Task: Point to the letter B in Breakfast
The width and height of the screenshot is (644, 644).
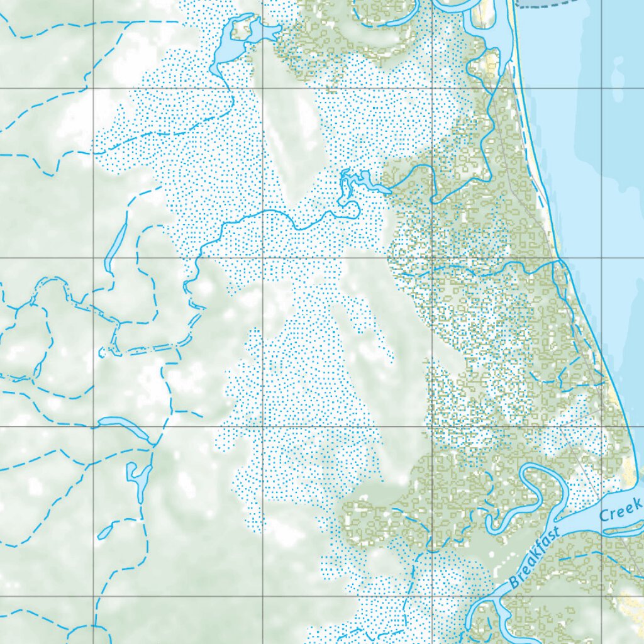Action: pyautogui.click(x=515, y=582)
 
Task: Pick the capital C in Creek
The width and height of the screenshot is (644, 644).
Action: pyautogui.click(x=604, y=517)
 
